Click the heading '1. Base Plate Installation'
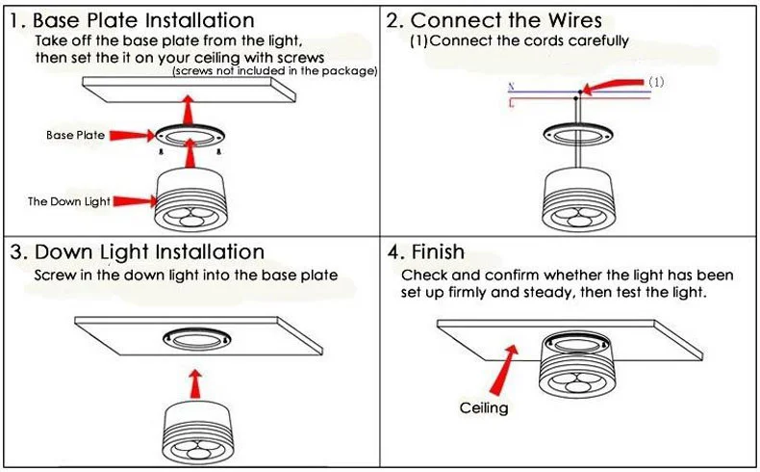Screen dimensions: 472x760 133,20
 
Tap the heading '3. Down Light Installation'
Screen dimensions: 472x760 138,252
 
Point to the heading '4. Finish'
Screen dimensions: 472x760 426,252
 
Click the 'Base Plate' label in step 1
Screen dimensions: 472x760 75,136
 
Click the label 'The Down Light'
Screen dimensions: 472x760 68,201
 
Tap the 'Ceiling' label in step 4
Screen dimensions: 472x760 483,408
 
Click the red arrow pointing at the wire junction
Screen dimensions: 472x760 611,89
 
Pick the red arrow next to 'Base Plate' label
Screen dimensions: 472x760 132,136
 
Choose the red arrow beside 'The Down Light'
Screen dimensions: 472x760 135,201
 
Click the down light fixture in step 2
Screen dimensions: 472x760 576,197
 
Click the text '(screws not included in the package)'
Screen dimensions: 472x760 274,71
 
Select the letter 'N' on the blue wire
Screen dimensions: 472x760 510,88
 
